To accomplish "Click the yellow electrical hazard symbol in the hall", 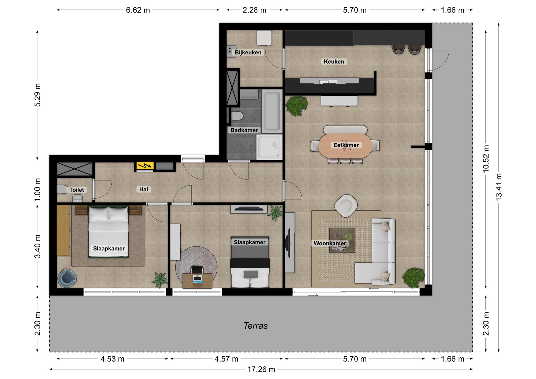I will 145,166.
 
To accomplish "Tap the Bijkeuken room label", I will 248,52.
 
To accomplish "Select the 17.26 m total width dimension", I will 261,369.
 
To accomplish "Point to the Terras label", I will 255,326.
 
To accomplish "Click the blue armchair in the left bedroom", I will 67,278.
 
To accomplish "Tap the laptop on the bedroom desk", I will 197,279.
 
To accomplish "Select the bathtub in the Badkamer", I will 272,111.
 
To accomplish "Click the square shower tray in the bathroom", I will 269,147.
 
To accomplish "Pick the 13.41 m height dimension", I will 499,187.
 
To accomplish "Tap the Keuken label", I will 334,61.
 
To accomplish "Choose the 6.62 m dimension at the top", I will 138,10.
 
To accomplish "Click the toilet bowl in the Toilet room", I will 62,189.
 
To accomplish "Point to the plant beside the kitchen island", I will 296,105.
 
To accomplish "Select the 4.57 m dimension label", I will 226,359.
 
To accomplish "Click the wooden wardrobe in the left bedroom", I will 63,230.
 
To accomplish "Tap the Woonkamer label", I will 330,243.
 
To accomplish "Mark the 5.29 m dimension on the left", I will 37,95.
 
